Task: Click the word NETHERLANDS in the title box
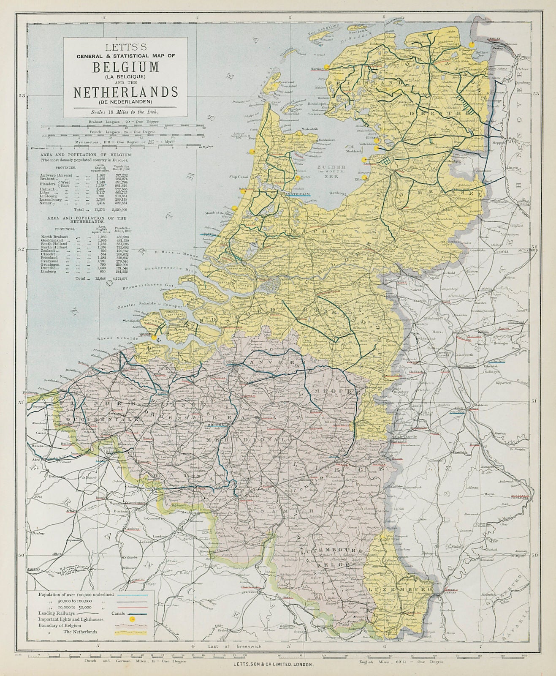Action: (x=126, y=92)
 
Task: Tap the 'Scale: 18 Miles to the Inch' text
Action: (x=126, y=112)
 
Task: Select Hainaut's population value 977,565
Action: (x=122, y=190)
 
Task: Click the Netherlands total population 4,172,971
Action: (x=122, y=279)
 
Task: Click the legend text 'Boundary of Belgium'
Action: (x=59, y=625)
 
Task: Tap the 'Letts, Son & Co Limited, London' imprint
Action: (x=274, y=664)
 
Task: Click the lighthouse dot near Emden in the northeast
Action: (x=474, y=44)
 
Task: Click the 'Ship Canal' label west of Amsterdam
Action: (x=238, y=177)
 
